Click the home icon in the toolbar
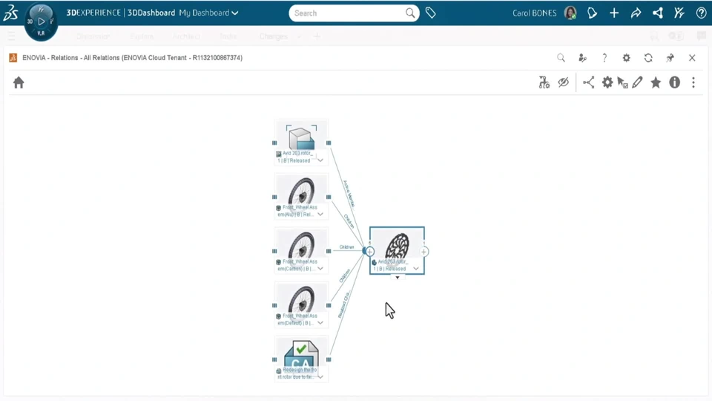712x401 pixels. click(19, 83)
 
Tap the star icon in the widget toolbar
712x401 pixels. click(656, 83)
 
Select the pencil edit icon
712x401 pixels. click(638, 83)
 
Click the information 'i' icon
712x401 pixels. click(674, 83)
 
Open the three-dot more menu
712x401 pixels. click(693, 83)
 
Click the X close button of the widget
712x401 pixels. click(692, 58)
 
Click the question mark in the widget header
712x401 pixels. click(604, 58)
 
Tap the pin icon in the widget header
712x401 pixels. click(670, 58)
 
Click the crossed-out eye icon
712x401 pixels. click(564, 83)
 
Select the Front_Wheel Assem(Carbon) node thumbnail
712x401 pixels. click(301, 244)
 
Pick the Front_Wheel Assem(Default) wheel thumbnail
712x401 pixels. click(301, 299)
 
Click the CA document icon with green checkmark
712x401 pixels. click(301, 353)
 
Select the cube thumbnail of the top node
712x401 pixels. click(301, 137)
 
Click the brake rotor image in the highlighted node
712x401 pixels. click(398, 246)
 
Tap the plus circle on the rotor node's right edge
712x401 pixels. click(424, 252)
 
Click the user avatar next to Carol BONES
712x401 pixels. click(570, 13)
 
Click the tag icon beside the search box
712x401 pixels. click(431, 13)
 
